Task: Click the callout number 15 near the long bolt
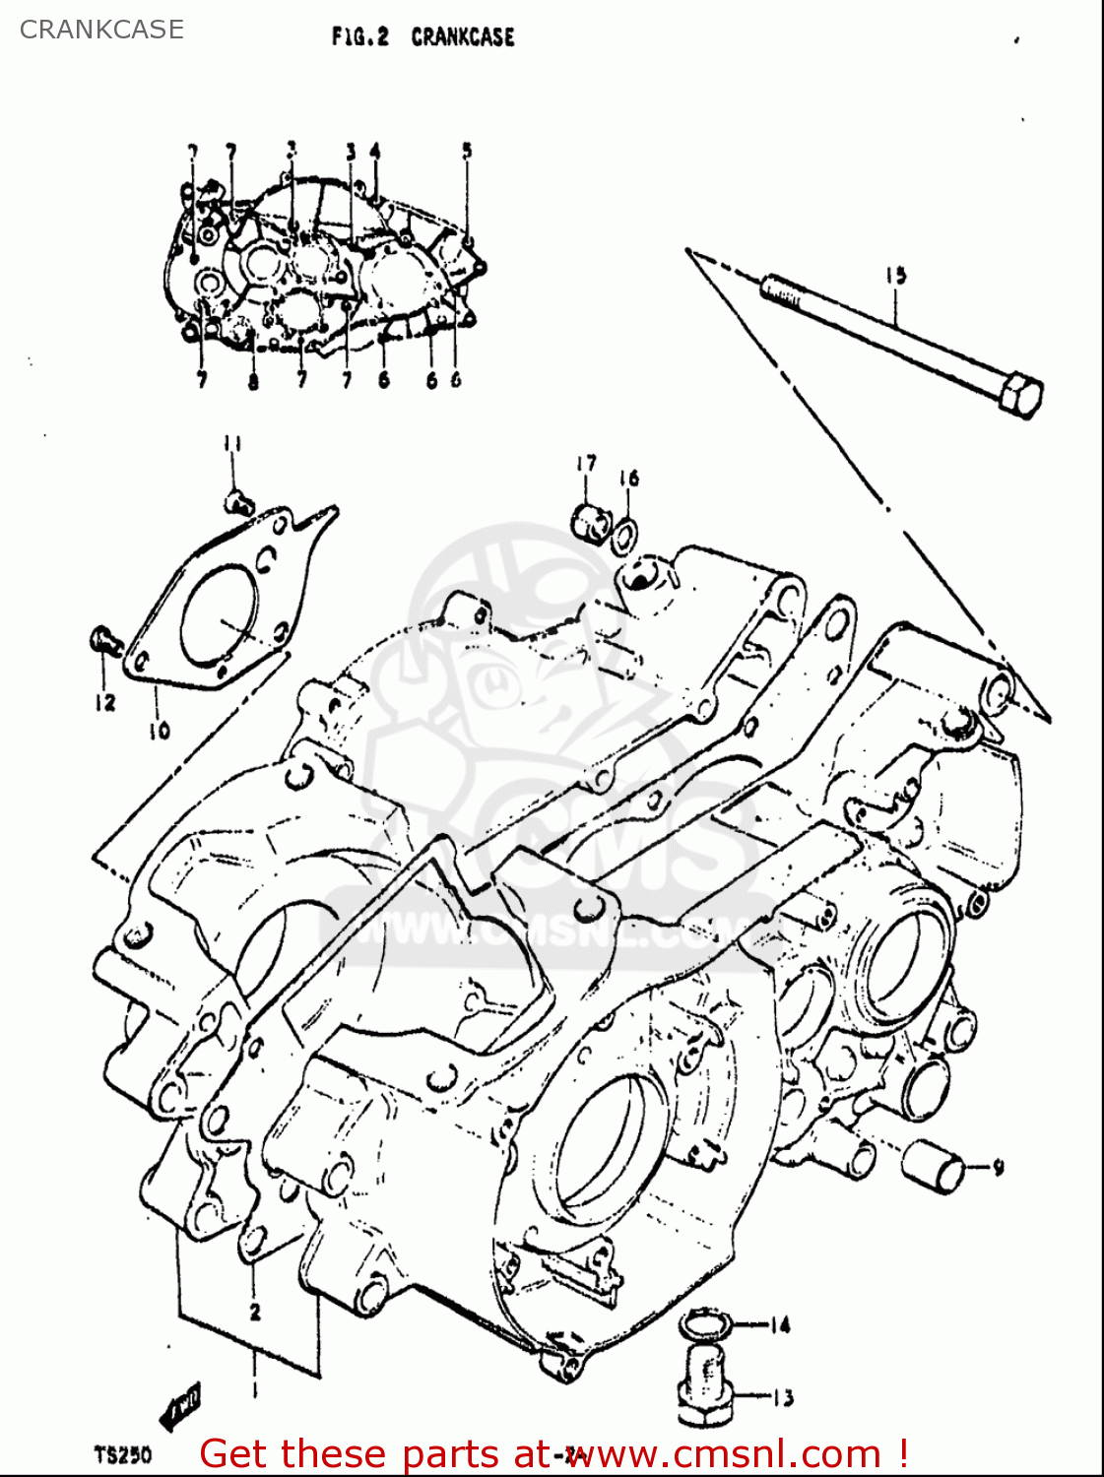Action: tap(895, 276)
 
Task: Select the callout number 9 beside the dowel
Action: tap(998, 1168)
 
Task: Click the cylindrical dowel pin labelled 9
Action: tap(937, 1166)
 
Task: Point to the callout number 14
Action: tap(779, 1325)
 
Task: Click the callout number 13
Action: tap(782, 1397)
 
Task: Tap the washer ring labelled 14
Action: tap(705, 1325)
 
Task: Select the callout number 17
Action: tap(586, 463)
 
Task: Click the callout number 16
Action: tap(629, 479)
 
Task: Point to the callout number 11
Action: tap(231, 444)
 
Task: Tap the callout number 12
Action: tap(105, 702)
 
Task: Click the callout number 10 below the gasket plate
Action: tap(160, 730)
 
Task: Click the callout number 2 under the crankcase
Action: tap(255, 1312)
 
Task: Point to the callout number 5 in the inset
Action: tap(467, 151)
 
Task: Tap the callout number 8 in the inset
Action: tap(253, 382)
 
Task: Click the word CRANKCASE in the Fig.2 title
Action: tap(463, 37)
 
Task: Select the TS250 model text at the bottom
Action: tap(123, 1454)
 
